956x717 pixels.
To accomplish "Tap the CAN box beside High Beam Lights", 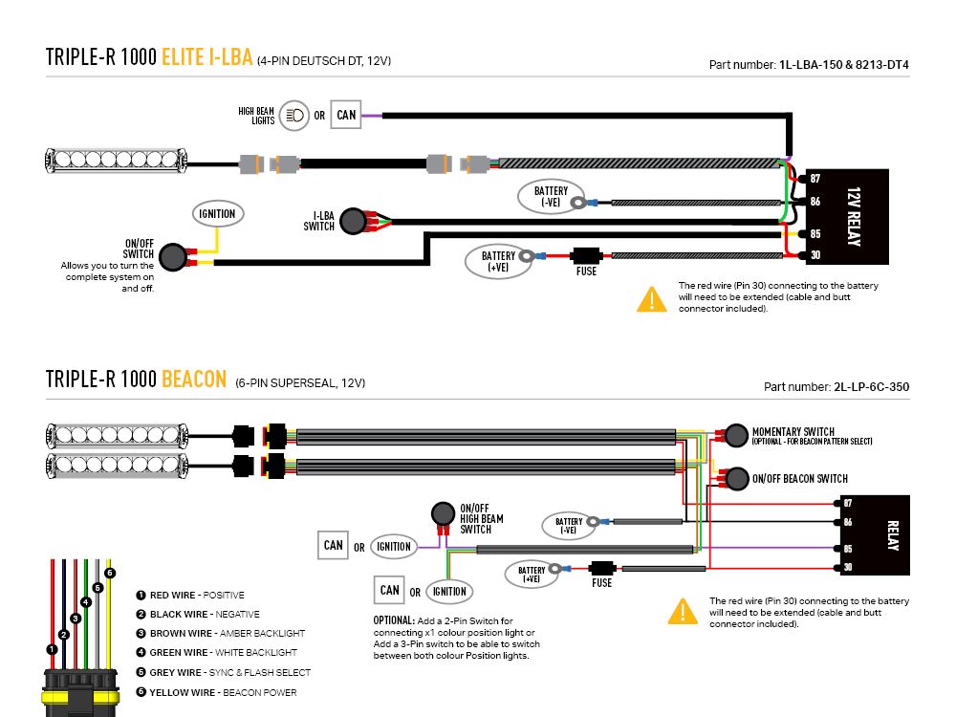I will coord(346,116).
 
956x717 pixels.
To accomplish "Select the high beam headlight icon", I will coord(295,116).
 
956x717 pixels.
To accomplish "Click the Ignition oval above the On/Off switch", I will coord(217,213).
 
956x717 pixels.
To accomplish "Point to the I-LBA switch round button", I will coord(353,221).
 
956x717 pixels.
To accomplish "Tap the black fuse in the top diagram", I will coord(585,255).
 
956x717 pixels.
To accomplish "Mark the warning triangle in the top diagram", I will coord(651,300).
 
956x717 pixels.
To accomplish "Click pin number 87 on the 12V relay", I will coord(815,179).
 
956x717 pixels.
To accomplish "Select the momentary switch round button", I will coord(735,436).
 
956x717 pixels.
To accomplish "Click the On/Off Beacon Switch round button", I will coord(735,478).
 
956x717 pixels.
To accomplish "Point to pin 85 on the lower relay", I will coord(846,549).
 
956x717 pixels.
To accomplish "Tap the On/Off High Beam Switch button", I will coord(443,512).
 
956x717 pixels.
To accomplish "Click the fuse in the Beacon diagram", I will coord(601,568).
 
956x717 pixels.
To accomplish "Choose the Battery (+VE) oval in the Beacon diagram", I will coord(532,575).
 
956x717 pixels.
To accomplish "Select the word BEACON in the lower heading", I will coord(194,379).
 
